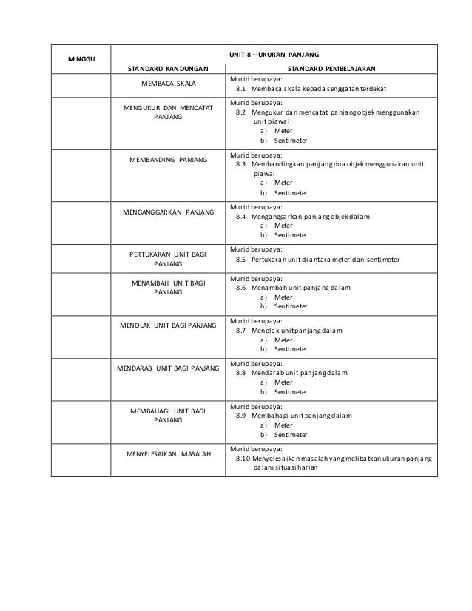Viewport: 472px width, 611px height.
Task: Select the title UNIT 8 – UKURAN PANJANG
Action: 273,54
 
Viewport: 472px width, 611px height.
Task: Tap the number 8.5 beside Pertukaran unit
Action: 240,260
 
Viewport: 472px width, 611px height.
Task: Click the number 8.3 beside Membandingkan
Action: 240,164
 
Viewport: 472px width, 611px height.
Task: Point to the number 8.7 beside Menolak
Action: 240,331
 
